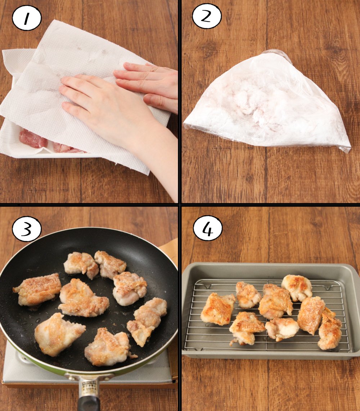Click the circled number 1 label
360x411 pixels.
27,19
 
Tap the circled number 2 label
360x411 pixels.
207,16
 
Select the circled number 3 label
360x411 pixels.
27,230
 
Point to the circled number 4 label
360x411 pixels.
207,229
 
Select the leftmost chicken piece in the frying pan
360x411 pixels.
37,289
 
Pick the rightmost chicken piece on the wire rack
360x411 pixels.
329,329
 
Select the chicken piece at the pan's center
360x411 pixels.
84,298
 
